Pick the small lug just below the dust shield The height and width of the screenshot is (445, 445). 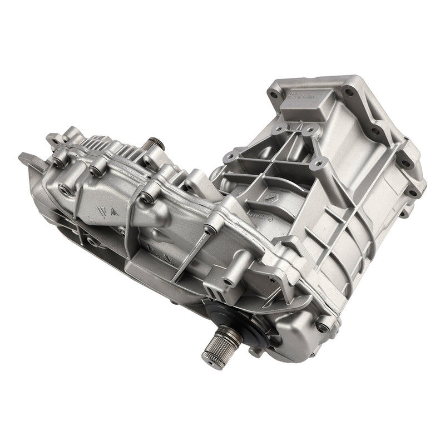[x=253, y=352]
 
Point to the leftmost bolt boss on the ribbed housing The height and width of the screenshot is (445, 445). [x=58, y=162]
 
